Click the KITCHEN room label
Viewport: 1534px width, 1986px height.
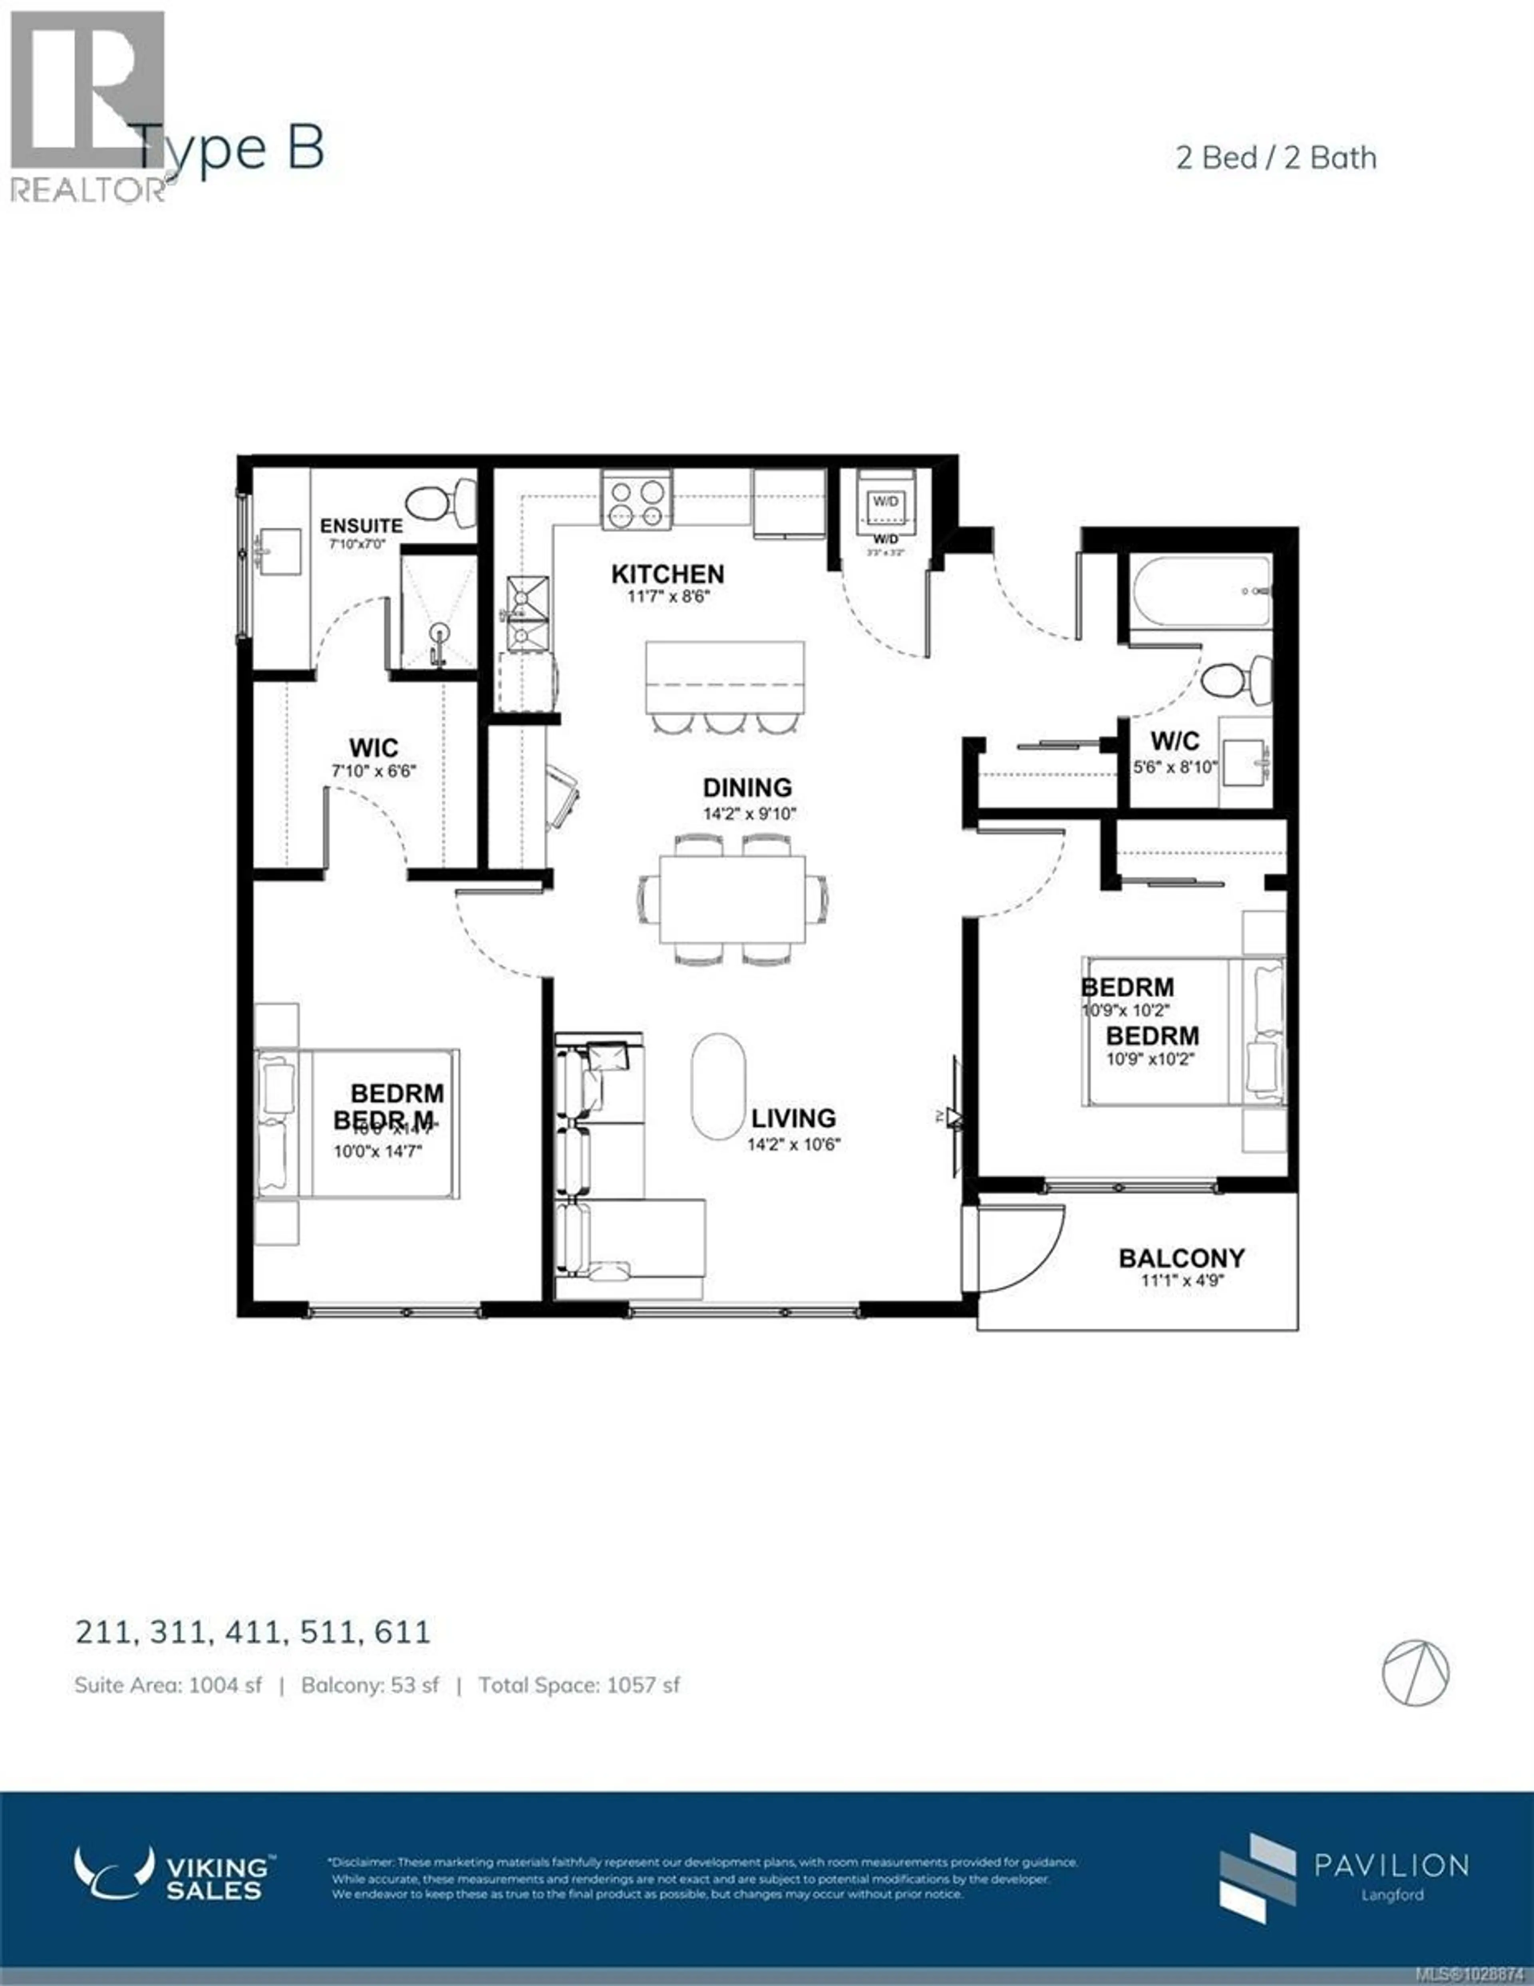(668, 574)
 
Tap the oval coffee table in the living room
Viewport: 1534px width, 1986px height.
(718, 1085)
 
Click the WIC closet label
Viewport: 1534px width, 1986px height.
(374, 747)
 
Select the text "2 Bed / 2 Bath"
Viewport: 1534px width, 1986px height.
(1276, 158)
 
